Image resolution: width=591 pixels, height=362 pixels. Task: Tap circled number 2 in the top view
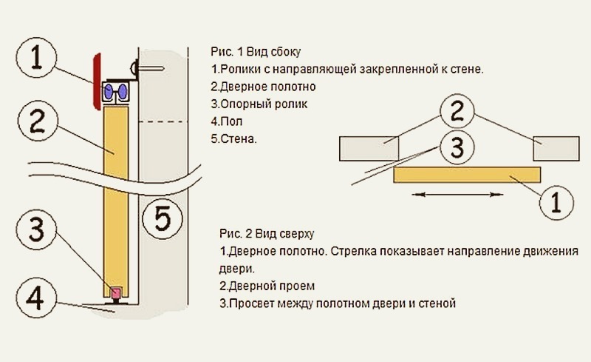(458, 113)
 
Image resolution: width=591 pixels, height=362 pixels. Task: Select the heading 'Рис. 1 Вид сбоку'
(256, 53)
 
